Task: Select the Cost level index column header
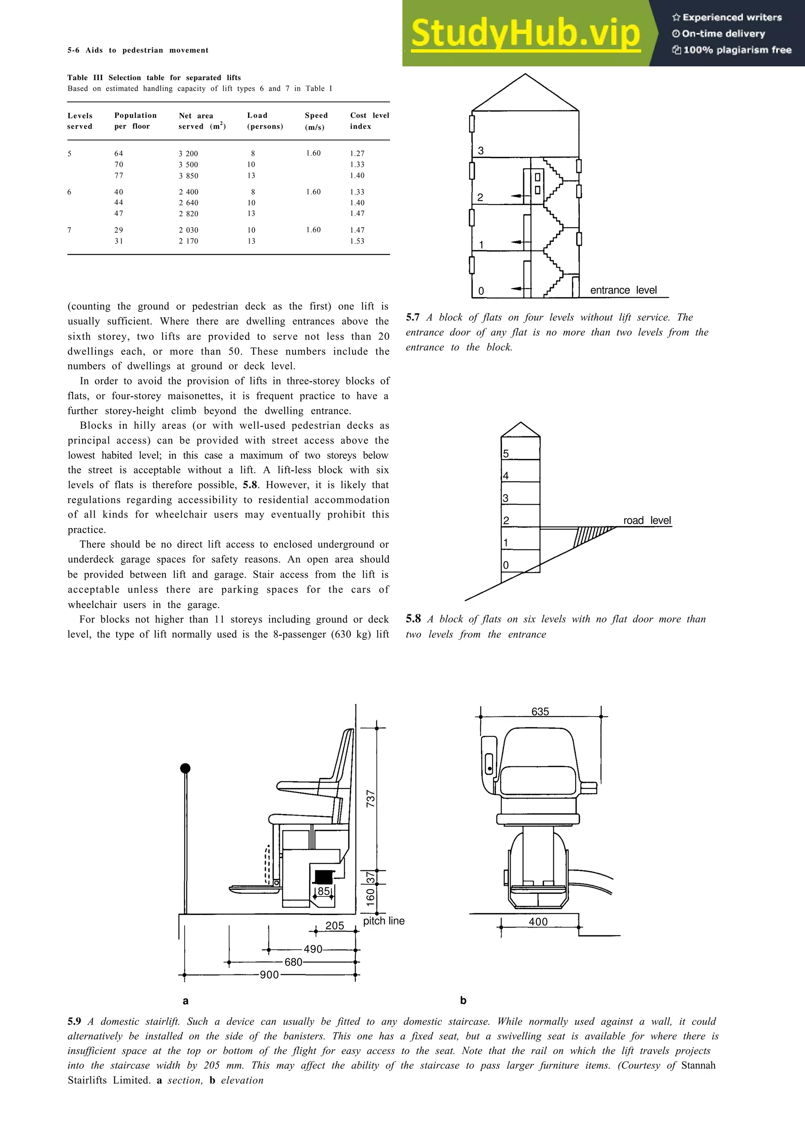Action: [x=369, y=121]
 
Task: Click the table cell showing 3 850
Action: [x=189, y=176]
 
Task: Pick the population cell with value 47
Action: [x=119, y=214]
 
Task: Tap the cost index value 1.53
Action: [x=357, y=241]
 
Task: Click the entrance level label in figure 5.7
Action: [x=623, y=290]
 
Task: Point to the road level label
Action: [x=647, y=520]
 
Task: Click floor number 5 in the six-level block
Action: [x=506, y=454]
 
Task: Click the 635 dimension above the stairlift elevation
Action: [x=540, y=711]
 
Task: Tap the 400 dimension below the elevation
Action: [x=538, y=922]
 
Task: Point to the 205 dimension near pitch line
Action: [x=335, y=926]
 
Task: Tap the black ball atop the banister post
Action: [x=185, y=768]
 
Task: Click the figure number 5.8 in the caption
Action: [x=413, y=619]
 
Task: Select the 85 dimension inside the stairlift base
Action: [x=324, y=891]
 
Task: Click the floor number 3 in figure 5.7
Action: [x=481, y=150]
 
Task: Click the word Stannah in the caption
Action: [x=698, y=1065]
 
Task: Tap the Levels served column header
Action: [x=80, y=121]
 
